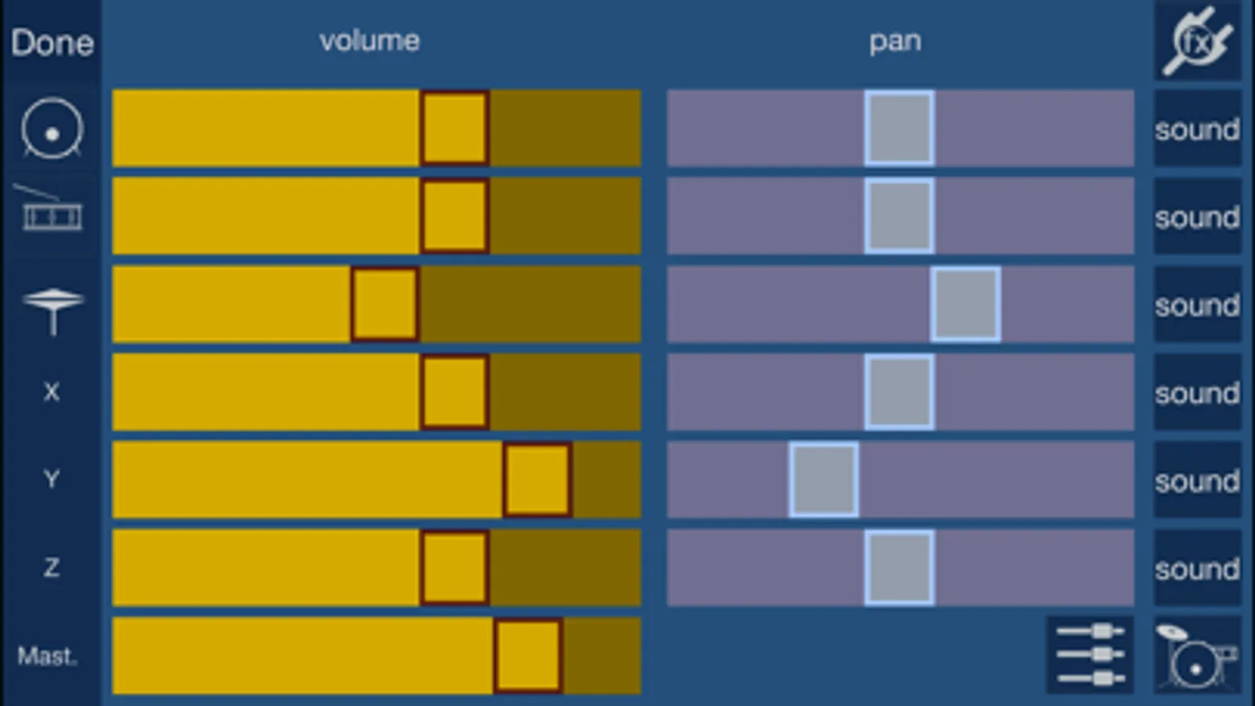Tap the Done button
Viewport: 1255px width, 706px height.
pyautogui.click(x=52, y=42)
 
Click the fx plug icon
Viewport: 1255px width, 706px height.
pyautogui.click(x=1198, y=40)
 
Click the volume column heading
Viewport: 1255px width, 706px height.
pyautogui.click(x=369, y=41)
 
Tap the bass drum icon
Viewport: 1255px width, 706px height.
pyautogui.click(x=52, y=128)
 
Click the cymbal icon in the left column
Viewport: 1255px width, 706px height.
pyautogui.click(x=53, y=311)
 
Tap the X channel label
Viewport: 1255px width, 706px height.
pyautogui.click(x=52, y=392)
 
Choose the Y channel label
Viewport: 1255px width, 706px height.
pyautogui.click(x=52, y=479)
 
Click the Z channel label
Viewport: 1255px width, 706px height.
pyautogui.click(x=52, y=568)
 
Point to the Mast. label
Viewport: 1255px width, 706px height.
pyautogui.click(x=47, y=656)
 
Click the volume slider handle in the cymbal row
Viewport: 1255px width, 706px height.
pyautogui.click(x=385, y=304)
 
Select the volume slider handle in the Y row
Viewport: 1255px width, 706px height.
pyautogui.click(x=538, y=480)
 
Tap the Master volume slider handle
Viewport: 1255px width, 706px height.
pyautogui.click(x=528, y=656)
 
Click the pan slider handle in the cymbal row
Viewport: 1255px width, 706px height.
pyautogui.click(x=966, y=304)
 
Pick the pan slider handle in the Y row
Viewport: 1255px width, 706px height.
pyautogui.click(x=823, y=480)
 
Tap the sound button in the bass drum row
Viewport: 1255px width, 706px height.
pyautogui.click(x=1197, y=128)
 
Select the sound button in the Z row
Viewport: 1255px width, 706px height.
pyautogui.click(x=1197, y=568)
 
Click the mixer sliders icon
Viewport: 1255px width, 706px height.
pyautogui.click(x=1090, y=655)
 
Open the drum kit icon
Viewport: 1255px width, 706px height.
pyautogui.click(x=1197, y=655)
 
